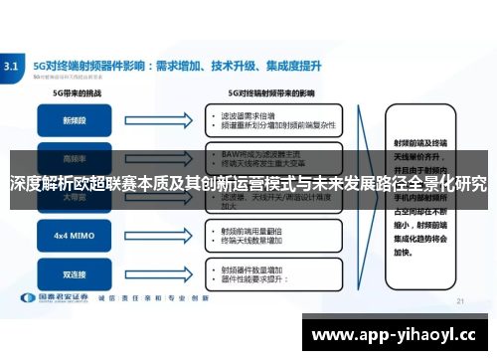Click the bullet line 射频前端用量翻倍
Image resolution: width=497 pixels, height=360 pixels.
249,230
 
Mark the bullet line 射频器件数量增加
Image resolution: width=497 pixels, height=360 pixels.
249,266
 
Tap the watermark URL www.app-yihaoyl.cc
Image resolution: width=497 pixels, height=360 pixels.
395,334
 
